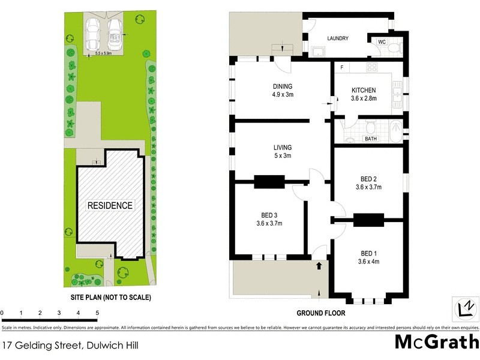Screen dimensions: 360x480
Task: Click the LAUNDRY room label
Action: [x=338, y=39]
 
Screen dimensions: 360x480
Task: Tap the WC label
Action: [x=382, y=41]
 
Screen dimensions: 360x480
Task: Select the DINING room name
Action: [x=283, y=86]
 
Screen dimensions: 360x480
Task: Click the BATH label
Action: [x=370, y=139]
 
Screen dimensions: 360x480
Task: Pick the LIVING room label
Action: [x=283, y=148]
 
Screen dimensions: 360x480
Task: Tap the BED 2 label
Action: [x=368, y=179]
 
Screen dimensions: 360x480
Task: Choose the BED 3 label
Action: [x=268, y=215]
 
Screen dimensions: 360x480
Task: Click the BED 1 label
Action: [x=368, y=253]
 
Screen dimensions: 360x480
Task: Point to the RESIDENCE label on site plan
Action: [x=110, y=205]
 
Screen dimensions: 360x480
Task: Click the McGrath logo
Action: [x=437, y=343]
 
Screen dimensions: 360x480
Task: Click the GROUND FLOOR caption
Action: [x=321, y=313]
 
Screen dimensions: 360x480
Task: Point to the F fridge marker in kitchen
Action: [x=341, y=67]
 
